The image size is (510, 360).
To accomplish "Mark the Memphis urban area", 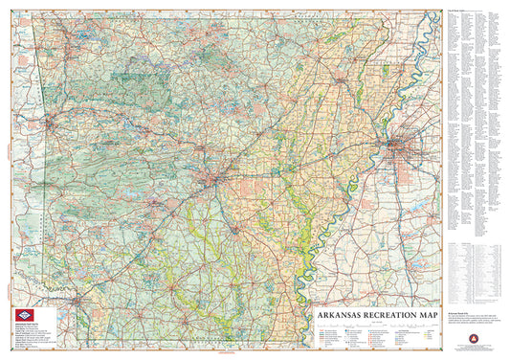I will coord(399,146).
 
